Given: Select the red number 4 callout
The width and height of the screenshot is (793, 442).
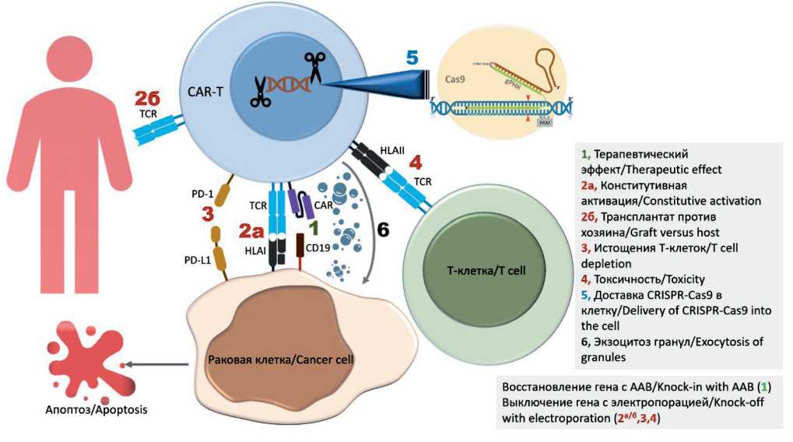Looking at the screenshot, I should point(416,163).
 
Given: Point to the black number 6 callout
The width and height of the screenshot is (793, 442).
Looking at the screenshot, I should point(383,231).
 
